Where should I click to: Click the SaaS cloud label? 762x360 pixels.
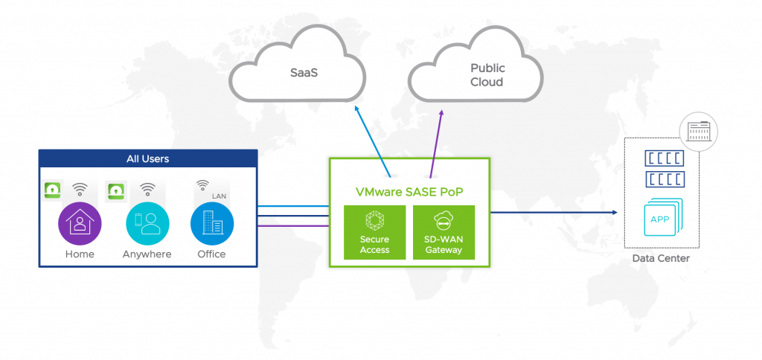click(x=301, y=74)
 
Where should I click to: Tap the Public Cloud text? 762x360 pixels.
click(x=487, y=74)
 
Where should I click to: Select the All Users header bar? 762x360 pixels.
click(x=147, y=158)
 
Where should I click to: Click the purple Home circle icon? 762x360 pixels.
click(x=80, y=223)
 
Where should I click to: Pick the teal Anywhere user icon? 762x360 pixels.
click(x=147, y=223)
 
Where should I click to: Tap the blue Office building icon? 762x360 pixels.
click(x=211, y=223)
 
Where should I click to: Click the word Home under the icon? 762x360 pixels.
click(x=80, y=254)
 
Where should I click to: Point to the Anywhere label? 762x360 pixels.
click(x=147, y=254)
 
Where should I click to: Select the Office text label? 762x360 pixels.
click(x=211, y=254)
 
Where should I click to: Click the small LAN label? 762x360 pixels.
click(x=219, y=196)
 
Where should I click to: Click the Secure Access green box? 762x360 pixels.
click(x=374, y=232)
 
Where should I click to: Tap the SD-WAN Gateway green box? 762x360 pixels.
click(x=444, y=232)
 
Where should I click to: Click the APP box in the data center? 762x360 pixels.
click(x=659, y=219)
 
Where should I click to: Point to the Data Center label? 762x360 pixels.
click(x=661, y=259)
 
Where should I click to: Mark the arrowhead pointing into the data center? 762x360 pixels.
click(x=614, y=213)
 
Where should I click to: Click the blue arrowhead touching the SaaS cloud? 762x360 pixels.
click(x=356, y=109)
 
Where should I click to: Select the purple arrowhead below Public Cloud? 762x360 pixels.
click(x=442, y=112)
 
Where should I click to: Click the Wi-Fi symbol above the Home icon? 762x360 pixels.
click(x=80, y=190)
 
